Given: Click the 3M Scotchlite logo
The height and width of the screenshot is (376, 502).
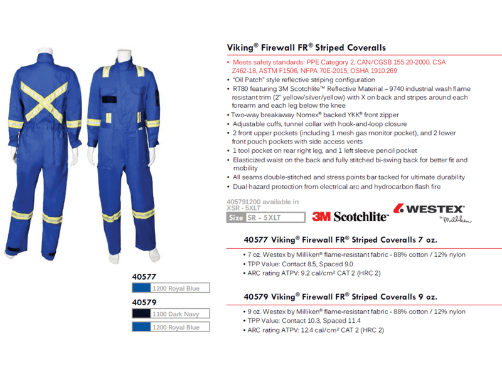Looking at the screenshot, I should [350, 217].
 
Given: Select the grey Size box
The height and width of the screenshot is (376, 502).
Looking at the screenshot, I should [236, 217].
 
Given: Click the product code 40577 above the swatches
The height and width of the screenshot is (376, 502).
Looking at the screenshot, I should [144, 276].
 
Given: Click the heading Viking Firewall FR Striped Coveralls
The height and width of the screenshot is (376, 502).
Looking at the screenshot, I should [306, 48].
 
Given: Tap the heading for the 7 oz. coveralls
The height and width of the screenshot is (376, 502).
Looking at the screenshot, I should [339, 240].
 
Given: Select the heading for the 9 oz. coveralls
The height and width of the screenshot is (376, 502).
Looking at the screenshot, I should [339, 296].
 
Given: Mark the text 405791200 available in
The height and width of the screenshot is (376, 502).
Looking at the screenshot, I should [262, 202].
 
